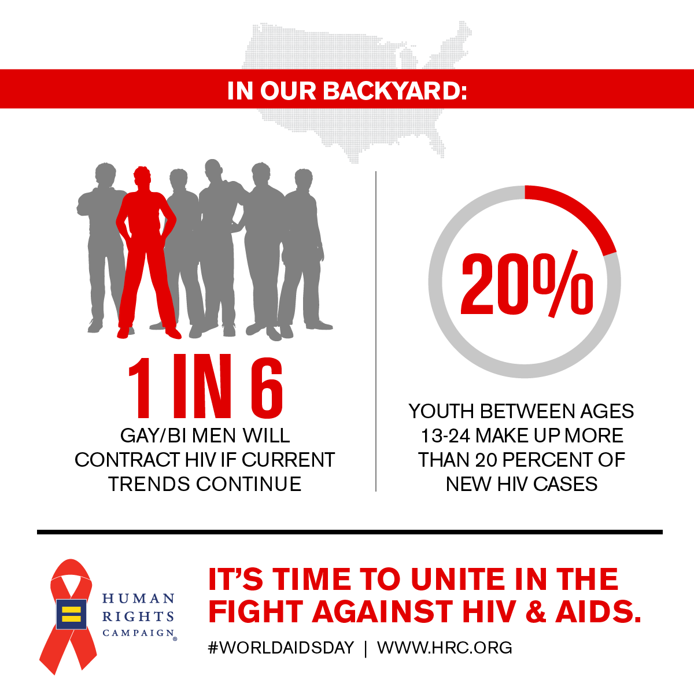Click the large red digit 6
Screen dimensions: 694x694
[266, 387]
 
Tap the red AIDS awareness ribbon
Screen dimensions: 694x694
[69, 617]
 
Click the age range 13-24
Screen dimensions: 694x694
[445, 435]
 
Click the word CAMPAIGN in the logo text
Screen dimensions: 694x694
[139, 633]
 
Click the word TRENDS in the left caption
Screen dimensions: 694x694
[149, 483]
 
